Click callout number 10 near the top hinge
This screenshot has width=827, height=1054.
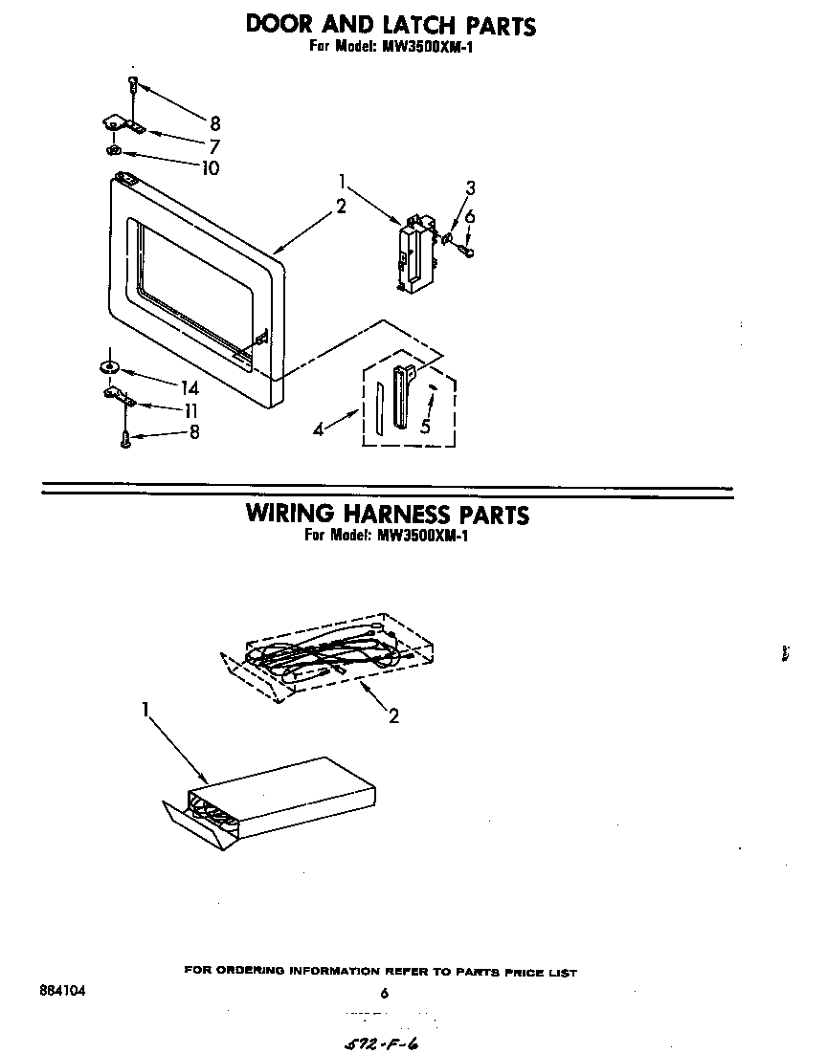pyautogui.click(x=210, y=168)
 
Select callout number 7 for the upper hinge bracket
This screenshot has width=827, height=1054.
pyautogui.click(x=213, y=146)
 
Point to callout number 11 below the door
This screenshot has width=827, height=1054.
pyautogui.click(x=191, y=410)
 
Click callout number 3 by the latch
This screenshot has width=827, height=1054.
pyautogui.click(x=470, y=187)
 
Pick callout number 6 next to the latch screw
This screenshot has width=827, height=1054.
pyautogui.click(x=470, y=217)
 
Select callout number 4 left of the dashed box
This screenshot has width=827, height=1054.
pyautogui.click(x=318, y=430)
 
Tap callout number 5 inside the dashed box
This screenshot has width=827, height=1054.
pyautogui.click(x=424, y=427)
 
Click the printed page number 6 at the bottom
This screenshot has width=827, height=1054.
pyautogui.click(x=384, y=994)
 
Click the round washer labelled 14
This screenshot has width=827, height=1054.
pyautogui.click(x=108, y=366)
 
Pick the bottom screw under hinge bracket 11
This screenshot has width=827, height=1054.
pyautogui.click(x=125, y=439)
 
